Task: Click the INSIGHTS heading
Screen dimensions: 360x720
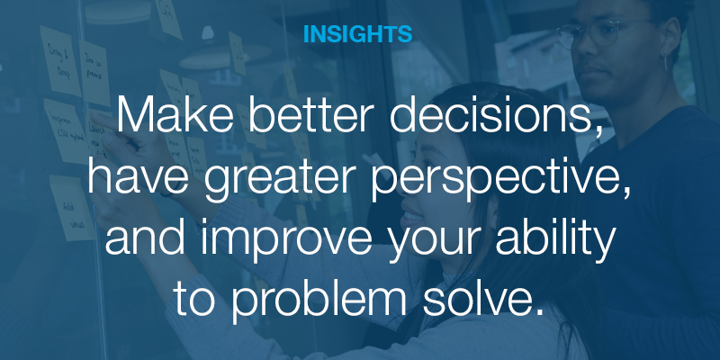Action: (357, 34)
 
